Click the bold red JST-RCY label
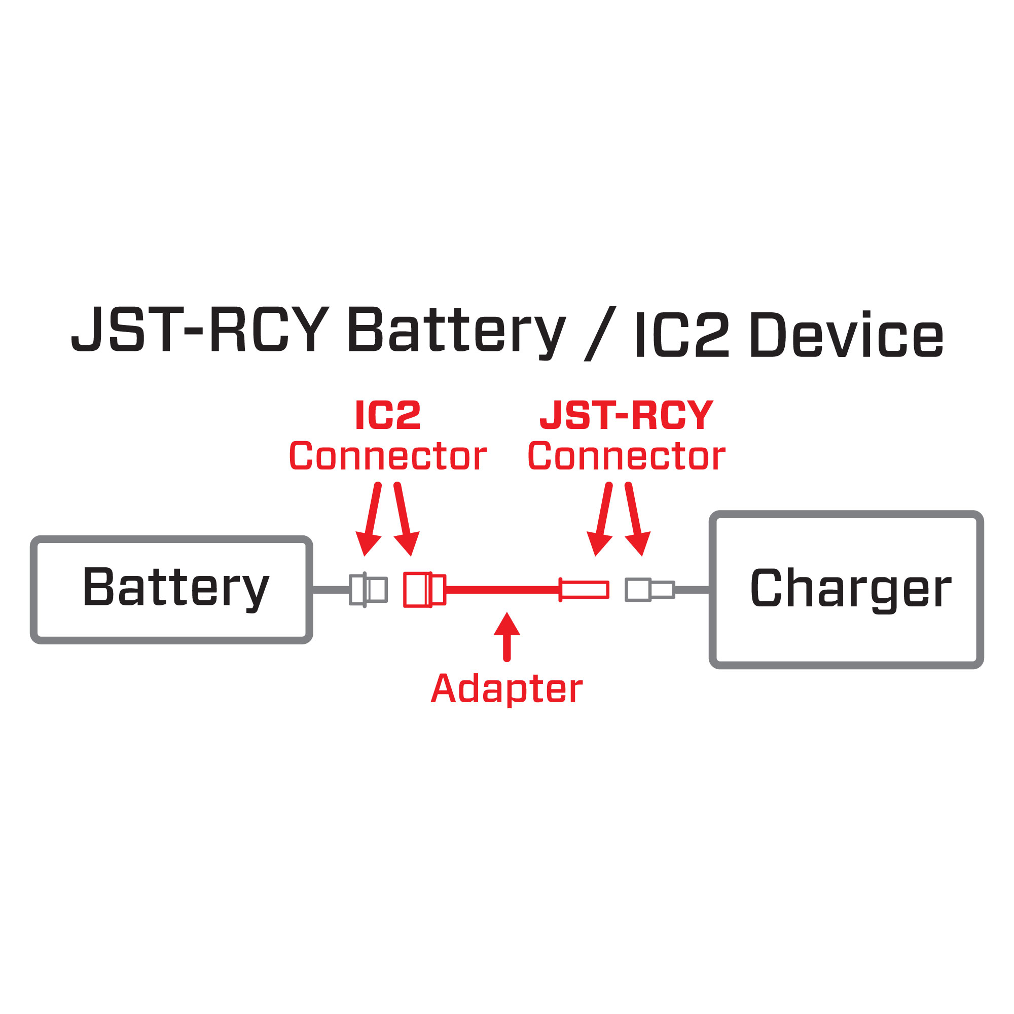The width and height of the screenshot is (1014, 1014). [x=626, y=415]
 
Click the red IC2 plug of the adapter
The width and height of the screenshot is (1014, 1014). [x=424, y=590]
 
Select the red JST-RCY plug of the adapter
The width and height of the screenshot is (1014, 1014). [x=584, y=590]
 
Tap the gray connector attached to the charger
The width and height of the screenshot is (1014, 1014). [x=649, y=590]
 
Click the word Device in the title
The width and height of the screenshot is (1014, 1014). [x=847, y=335]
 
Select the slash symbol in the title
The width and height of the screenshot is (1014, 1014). [x=599, y=334]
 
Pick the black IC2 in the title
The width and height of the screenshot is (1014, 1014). [x=681, y=335]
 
